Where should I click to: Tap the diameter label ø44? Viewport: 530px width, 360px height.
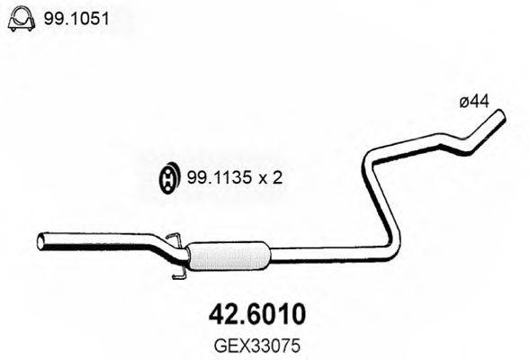pos(473,103)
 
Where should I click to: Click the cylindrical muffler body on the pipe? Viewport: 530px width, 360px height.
pos(230,256)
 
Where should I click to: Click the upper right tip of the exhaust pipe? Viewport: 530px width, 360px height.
pos(499,117)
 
